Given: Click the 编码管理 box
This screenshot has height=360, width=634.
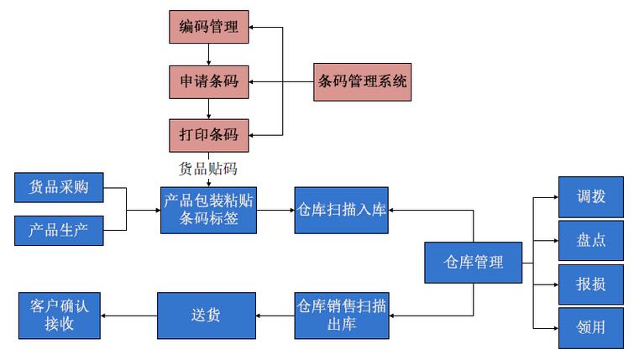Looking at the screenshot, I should click(x=208, y=27).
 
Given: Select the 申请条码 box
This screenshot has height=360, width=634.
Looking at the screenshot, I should click(x=208, y=81).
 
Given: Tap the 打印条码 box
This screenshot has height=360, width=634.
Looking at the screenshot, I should click(x=208, y=134).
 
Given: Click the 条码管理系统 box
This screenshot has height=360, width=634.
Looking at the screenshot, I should click(x=363, y=81).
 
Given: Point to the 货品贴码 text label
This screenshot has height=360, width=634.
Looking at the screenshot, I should click(x=208, y=168).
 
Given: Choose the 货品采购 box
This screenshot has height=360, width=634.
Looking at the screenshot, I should click(x=59, y=187).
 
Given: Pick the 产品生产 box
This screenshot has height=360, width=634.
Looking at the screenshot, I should click(x=59, y=229).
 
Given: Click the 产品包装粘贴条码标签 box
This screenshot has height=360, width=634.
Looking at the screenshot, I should click(x=208, y=210).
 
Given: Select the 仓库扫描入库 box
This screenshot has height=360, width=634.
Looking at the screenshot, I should click(x=341, y=210).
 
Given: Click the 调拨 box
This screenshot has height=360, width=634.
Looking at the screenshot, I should click(x=591, y=198).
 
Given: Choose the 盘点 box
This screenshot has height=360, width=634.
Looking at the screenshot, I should click(x=591, y=241).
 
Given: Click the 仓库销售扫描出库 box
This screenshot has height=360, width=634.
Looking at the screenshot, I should click(x=341, y=316).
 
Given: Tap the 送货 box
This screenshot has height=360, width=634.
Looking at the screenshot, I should click(x=207, y=316).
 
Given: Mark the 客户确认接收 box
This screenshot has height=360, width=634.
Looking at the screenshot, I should click(x=59, y=316).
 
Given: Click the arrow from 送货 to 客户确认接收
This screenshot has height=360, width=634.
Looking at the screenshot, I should click(x=129, y=316).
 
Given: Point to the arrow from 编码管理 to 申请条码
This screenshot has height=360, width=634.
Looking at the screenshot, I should click(x=208, y=55).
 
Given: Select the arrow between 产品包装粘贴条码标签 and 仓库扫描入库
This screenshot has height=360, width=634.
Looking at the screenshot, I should click(x=275, y=210).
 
